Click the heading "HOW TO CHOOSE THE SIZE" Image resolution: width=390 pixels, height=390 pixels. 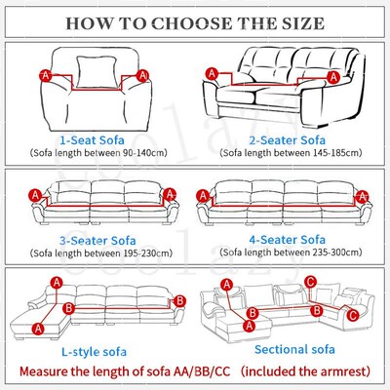click(195, 20)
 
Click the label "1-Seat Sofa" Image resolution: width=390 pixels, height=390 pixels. click(97, 140)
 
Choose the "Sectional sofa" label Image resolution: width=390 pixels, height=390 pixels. click(289, 348)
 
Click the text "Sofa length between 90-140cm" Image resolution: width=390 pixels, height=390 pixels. click(97, 154)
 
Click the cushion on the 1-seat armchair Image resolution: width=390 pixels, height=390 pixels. click(97, 75)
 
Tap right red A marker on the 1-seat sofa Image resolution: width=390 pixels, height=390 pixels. click(149, 73)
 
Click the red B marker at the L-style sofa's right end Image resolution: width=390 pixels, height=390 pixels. click(177, 302)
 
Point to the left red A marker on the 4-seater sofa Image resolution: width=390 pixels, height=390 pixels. click(207, 196)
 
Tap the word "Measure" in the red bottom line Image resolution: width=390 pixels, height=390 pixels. click(47, 371)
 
